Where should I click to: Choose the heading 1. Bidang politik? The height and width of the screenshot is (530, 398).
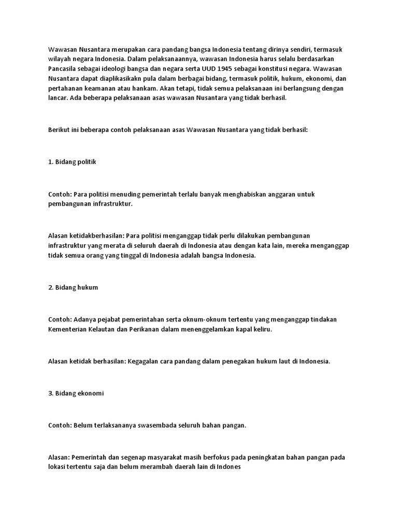coord(72,162)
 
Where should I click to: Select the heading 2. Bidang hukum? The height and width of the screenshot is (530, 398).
coord(73,287)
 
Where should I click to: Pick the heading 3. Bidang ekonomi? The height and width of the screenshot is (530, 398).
coord(76,393)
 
